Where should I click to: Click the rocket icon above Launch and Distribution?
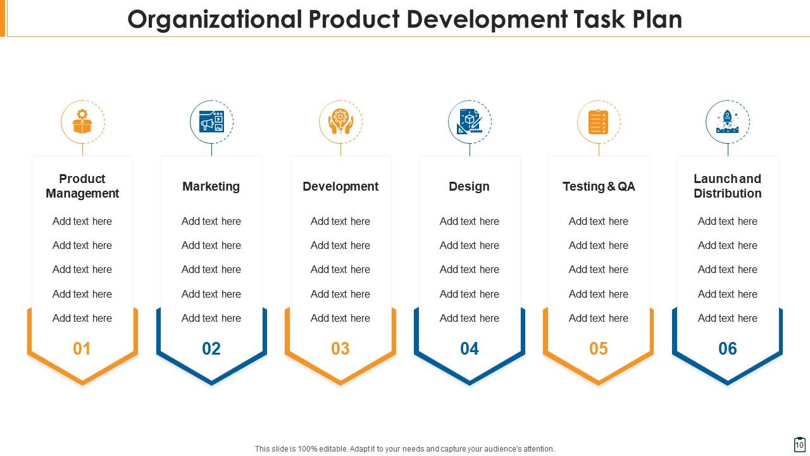727,122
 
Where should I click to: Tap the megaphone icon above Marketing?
211,122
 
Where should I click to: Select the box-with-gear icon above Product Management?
82,122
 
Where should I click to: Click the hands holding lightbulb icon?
340,122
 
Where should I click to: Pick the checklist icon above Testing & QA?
599,122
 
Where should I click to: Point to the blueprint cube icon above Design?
470,122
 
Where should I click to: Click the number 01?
82,348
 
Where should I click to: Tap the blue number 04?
470,348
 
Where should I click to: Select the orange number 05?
599,348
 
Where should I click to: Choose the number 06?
728,348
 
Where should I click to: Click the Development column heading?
340,186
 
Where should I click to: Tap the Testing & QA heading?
599,186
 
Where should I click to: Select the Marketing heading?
211,186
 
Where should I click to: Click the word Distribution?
728,194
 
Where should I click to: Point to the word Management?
82,194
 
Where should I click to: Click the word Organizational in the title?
215,20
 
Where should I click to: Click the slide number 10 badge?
799,445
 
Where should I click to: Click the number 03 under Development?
340,348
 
